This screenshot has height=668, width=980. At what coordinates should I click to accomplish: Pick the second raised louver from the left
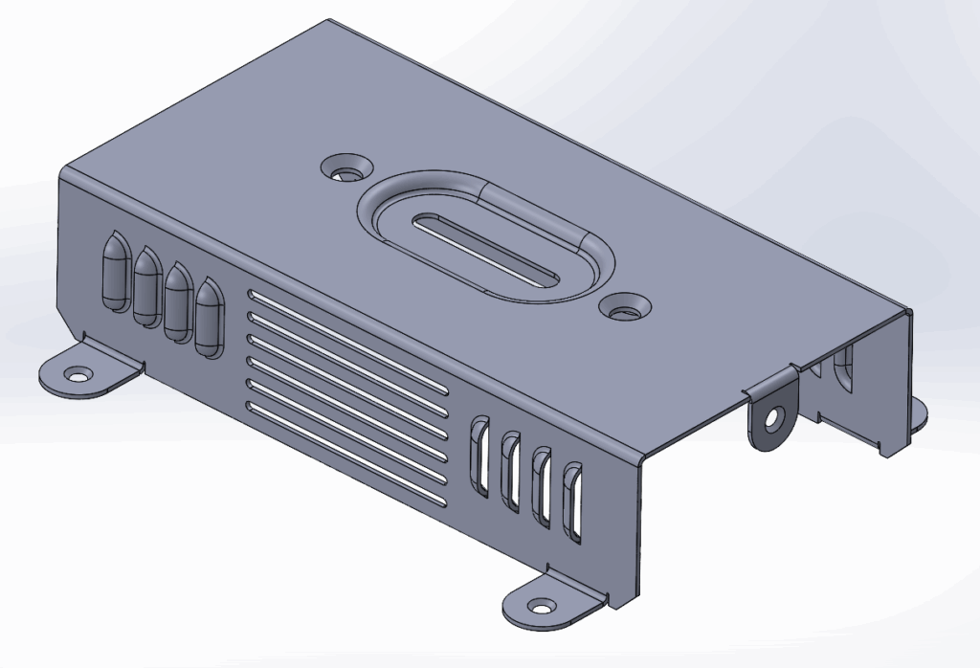pyautogui.click(x=146, y=286)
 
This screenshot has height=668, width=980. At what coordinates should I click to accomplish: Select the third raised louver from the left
pyautogui.click(x=177, y=301)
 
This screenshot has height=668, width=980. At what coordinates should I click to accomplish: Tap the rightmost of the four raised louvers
pyautogui.click(x=208, y=317)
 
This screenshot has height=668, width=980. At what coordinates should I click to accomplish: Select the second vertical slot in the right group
pyautogui.click(x=512, y=471)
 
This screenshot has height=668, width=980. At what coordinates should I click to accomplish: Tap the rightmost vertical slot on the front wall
pyautogui.click(x=573, y=501)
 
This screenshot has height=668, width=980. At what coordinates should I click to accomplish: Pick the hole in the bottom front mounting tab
pyautogui.click(x=543, y=607)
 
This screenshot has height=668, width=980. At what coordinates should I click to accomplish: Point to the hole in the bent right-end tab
pyautogui.click(x=771, y=418)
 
